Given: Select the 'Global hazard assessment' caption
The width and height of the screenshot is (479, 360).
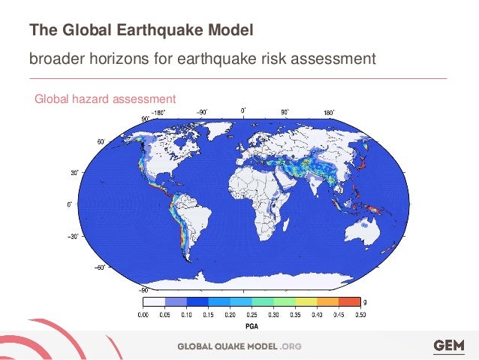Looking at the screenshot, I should pos(105,98).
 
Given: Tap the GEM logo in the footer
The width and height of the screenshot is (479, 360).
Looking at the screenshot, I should pos(449,346).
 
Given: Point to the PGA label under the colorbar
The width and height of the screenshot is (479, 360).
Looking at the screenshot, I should pos(253,327).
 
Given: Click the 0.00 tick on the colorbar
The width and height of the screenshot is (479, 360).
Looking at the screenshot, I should pos(143,316).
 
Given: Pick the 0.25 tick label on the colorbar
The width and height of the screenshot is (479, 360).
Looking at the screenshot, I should pos(252,316).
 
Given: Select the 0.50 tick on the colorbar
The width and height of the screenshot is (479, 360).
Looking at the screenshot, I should pos(361,316).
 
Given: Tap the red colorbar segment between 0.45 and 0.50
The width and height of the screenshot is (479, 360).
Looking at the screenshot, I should pos(350,303).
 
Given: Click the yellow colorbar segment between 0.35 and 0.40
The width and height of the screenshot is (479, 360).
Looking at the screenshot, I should pos(306,303).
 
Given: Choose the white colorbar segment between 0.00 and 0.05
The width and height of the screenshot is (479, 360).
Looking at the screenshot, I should pos(153,303).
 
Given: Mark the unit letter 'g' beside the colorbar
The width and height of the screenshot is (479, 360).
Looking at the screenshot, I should pos(366,303).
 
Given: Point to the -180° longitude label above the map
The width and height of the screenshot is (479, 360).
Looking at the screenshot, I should pos(158,113).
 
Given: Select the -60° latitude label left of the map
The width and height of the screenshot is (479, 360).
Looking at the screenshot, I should pos(97,265).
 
